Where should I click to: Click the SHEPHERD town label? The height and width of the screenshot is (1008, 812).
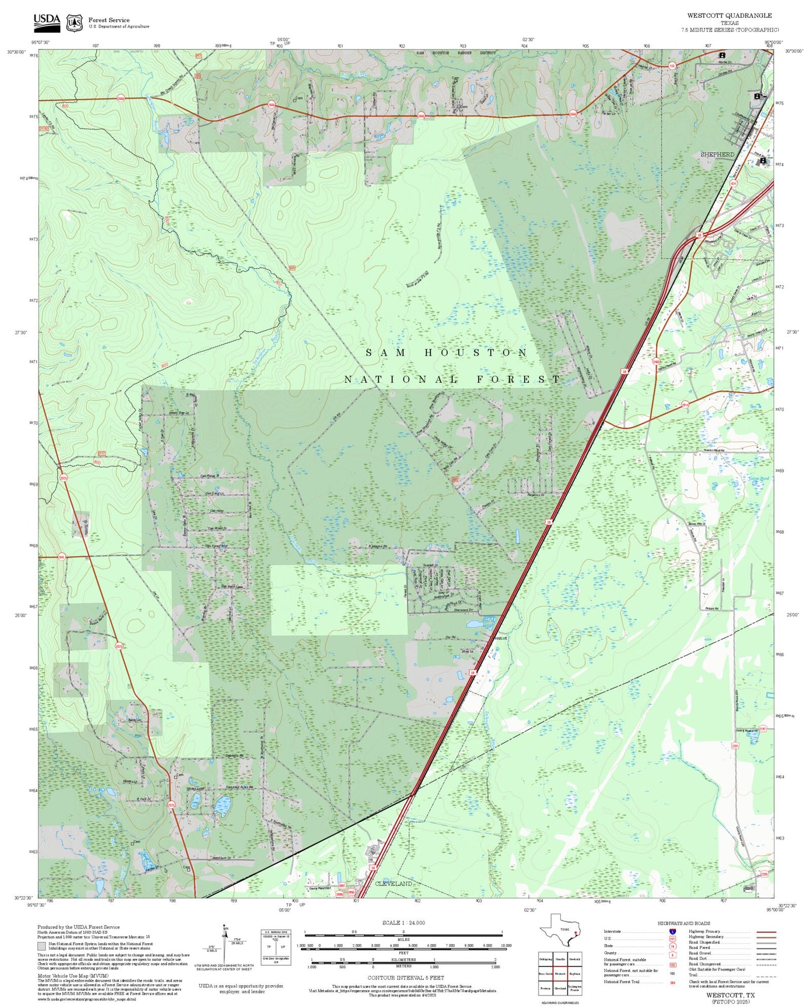717,155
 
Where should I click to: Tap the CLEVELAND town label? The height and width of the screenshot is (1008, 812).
394,883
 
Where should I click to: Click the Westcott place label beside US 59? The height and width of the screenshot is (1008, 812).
500,638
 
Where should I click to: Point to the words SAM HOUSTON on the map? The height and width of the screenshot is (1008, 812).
447,353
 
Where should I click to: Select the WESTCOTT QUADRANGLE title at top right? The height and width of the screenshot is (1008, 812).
729,16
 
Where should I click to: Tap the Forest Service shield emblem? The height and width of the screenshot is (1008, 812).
74,23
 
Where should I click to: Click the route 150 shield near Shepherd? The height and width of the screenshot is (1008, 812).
672,66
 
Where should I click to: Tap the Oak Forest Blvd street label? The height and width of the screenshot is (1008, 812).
216,546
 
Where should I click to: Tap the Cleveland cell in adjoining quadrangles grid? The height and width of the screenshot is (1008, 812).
560,987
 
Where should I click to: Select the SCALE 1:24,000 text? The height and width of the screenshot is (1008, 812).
403,922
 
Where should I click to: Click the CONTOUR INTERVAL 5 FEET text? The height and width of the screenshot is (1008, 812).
405,978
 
